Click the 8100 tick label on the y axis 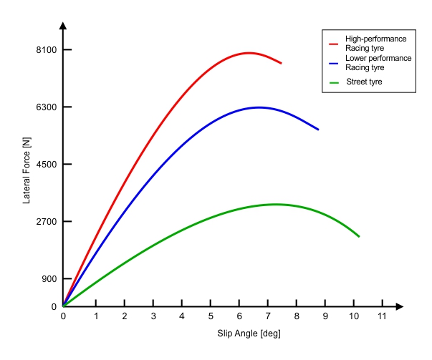46,50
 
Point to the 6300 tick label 46,107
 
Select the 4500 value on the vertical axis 46,165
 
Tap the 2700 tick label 46,222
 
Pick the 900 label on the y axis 48,279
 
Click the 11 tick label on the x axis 382,316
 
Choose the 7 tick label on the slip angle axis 268,316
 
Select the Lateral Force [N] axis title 27,172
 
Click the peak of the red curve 249,53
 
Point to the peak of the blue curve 258,107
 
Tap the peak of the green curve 274,204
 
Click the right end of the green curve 359,236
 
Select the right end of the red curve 281,64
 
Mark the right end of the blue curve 318,130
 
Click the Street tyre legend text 364,82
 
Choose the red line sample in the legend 334,43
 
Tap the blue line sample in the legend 334,63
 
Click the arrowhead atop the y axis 63,26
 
